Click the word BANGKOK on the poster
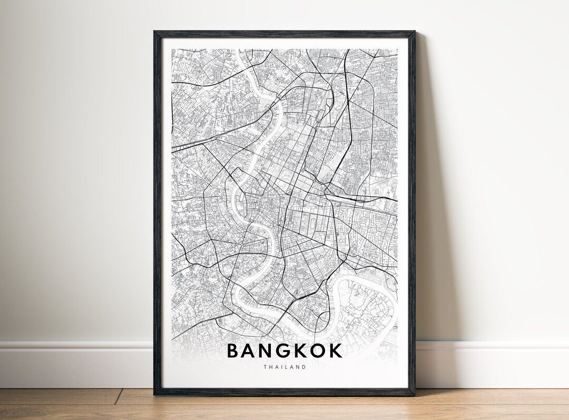(x=284, y=351)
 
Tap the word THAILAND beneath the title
(x=284, y=367)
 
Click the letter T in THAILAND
(x=266, y=367)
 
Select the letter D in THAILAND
(x=303, y=367)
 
